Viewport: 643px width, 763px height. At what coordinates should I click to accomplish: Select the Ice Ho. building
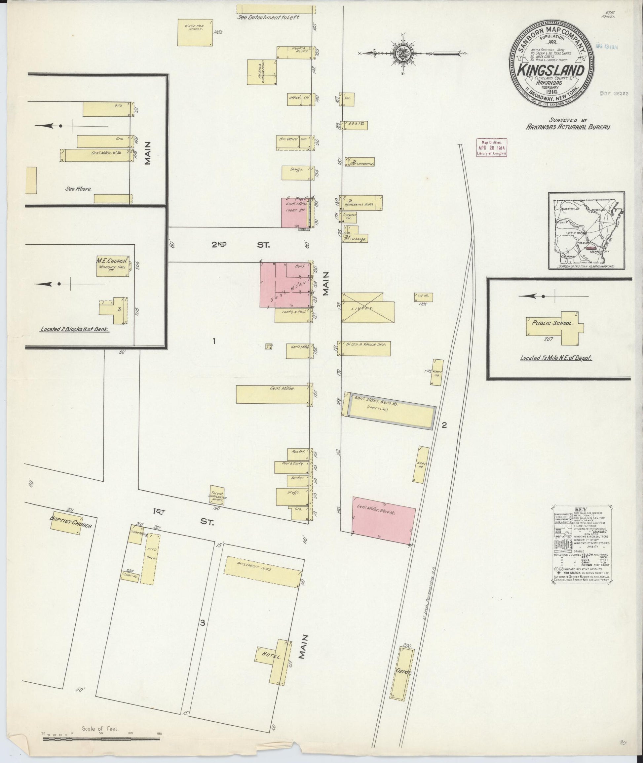coord(424,297)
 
